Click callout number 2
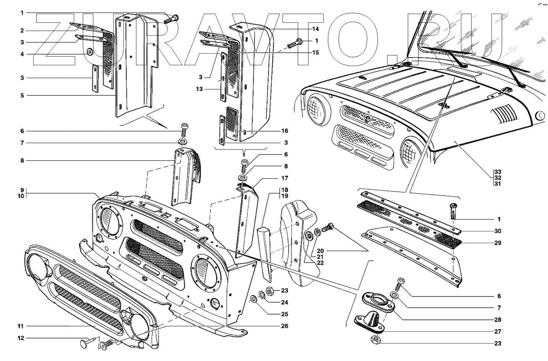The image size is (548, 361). tap(23, 30)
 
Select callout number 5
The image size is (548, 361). tap(23, 95)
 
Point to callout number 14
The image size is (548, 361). tap(315, 29)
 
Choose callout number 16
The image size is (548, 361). tap(296, 131)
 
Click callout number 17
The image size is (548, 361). tap(296, 178)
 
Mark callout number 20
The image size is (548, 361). tap(320, 251)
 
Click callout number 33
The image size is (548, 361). tap(497, 172)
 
